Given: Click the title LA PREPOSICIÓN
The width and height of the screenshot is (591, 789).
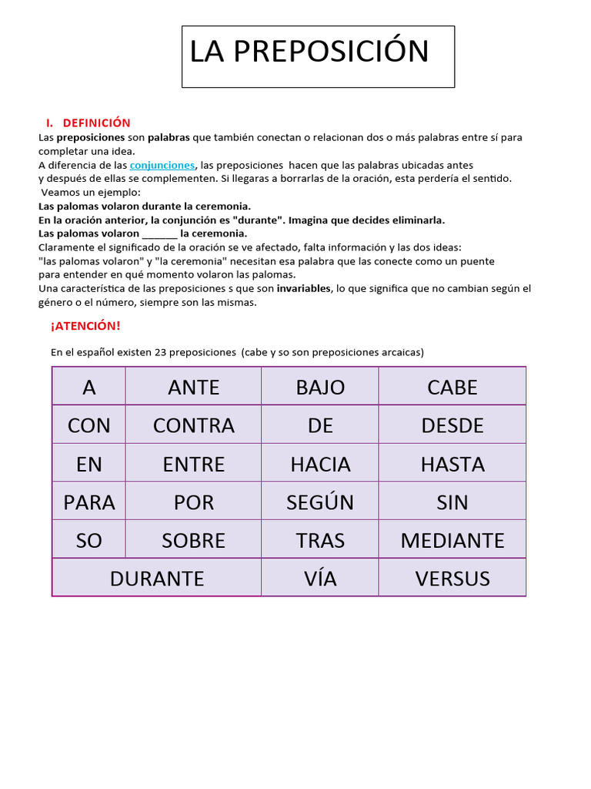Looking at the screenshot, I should tap(309, 52).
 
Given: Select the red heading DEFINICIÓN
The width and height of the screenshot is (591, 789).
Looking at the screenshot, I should tap(96, 123).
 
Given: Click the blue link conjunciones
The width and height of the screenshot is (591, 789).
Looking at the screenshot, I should tap(162, 165).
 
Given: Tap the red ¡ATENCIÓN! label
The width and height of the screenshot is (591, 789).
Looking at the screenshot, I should tap(85, 326).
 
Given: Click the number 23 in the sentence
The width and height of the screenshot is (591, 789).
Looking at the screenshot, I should tap(161, 352).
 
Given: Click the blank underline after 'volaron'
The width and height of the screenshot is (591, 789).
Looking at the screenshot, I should tap(159, 233).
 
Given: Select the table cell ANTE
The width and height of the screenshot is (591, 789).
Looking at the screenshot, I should tap(193, 387).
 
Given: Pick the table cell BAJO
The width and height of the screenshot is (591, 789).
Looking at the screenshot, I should tap(320, 387).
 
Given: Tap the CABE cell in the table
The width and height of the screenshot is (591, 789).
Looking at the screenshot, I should tap(452, 387).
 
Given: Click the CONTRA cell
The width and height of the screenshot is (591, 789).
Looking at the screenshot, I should tap(193, 425).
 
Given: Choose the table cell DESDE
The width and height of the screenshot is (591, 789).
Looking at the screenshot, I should tap(452, 425).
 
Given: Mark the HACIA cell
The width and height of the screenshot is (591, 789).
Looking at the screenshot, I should tap(320, 464).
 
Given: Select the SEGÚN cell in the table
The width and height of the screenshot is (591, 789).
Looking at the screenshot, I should tap(320, 502).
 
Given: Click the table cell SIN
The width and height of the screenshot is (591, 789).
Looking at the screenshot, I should tap(452, 502).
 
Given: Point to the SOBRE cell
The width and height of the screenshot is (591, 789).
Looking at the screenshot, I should tap(193, 540).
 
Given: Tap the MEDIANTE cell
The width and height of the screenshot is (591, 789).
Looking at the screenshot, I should tap(452, 540).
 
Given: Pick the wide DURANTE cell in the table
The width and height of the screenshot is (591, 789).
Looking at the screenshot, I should tap(157, 578).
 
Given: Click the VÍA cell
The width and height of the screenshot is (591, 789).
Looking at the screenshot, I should tap(320, 578).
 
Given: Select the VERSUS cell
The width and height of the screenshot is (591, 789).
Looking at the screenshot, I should tap(452, 578).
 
